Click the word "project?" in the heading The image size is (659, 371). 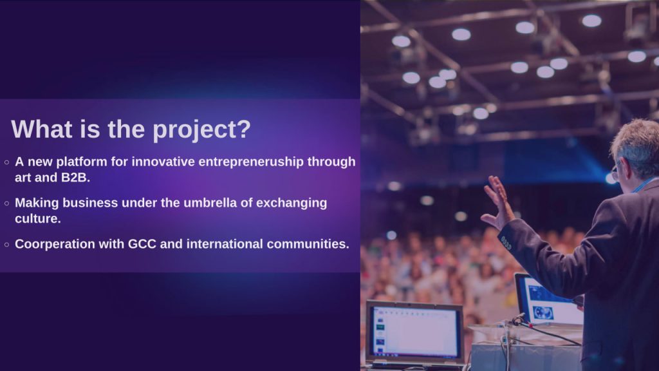[201, 130]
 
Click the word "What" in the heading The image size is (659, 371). [42, 128]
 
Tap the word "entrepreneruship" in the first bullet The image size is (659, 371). [251, 162]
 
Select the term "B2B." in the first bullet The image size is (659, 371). [76, 178]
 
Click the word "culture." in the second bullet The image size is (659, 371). [38, 219]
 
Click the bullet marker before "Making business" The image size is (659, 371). [6, 204]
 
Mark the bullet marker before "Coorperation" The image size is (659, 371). [6, 245]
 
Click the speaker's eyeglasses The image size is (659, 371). [615, 172]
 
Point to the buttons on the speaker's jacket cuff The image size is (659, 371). [506, 243]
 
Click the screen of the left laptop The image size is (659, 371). [415, 332]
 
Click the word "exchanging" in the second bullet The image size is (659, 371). [292, 204]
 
